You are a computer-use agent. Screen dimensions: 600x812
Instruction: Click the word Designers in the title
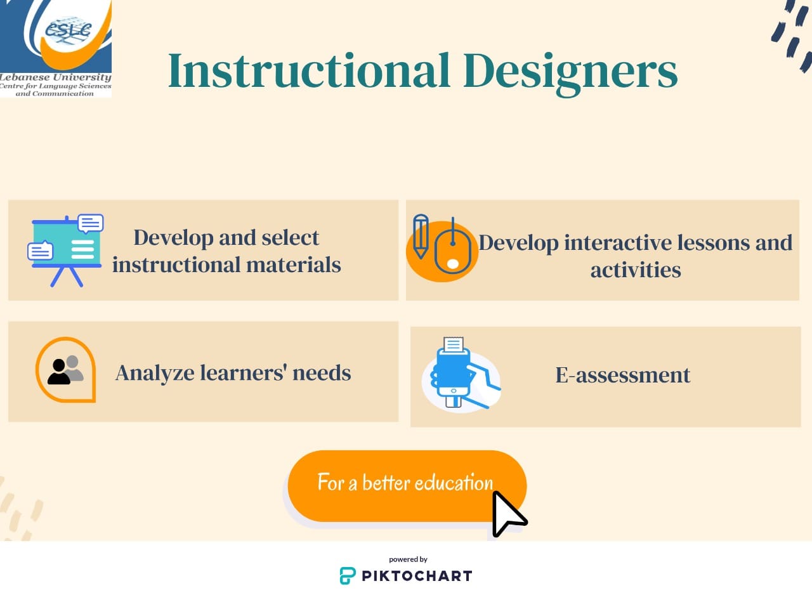[570, 72]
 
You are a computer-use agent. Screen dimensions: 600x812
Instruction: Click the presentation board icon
[66, 249]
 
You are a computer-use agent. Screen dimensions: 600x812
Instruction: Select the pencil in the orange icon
[420, 236]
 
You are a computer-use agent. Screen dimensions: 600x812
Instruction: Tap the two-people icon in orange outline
[66, 369]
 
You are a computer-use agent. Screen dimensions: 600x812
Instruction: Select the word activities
[636, 270]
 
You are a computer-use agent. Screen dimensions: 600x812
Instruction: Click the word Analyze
[154, 372]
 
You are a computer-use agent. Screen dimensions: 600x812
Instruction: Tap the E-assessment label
[622, 375]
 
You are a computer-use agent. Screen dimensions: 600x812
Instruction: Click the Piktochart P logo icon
[348, 575]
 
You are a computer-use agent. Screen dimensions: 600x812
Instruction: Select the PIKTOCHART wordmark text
[417, 576]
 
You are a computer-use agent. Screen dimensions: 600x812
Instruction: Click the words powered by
[408, 559]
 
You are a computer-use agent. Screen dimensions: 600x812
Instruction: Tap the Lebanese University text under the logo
[55, 77]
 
